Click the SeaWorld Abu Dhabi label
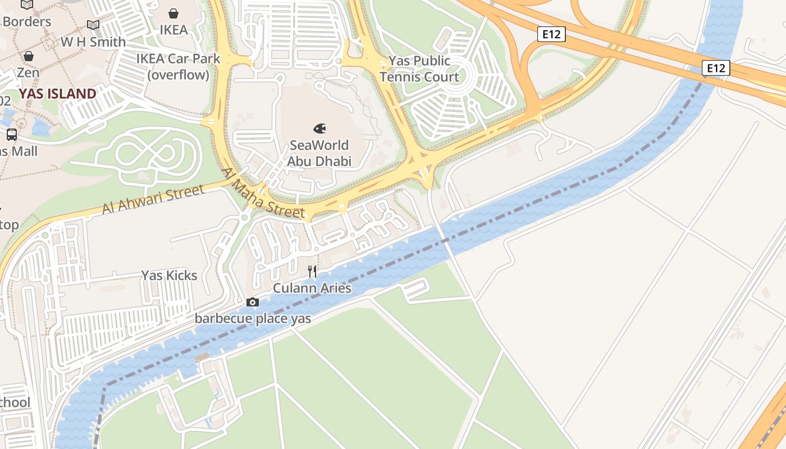tap(319, 153)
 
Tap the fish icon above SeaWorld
tap(319, 129)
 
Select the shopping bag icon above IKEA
tap(173, 13)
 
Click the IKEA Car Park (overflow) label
tap(179, 66)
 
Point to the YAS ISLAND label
tap(58, 94)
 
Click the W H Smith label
tap(93, 42)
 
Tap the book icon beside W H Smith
tap(93, 25)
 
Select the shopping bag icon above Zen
tap(28, 56)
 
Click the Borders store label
tap(27, 22)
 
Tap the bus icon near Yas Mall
tap(11, 134)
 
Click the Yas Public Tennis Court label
tap(419, 68)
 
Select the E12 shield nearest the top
tap(551, 34)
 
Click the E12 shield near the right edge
tap(715, 68)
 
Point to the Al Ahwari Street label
tap(153, 200)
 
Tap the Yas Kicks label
tap(169, 275)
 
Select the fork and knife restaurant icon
tap(312, 272)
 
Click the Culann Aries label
tap(312, 288)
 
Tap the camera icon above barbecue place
tap(253, 303)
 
